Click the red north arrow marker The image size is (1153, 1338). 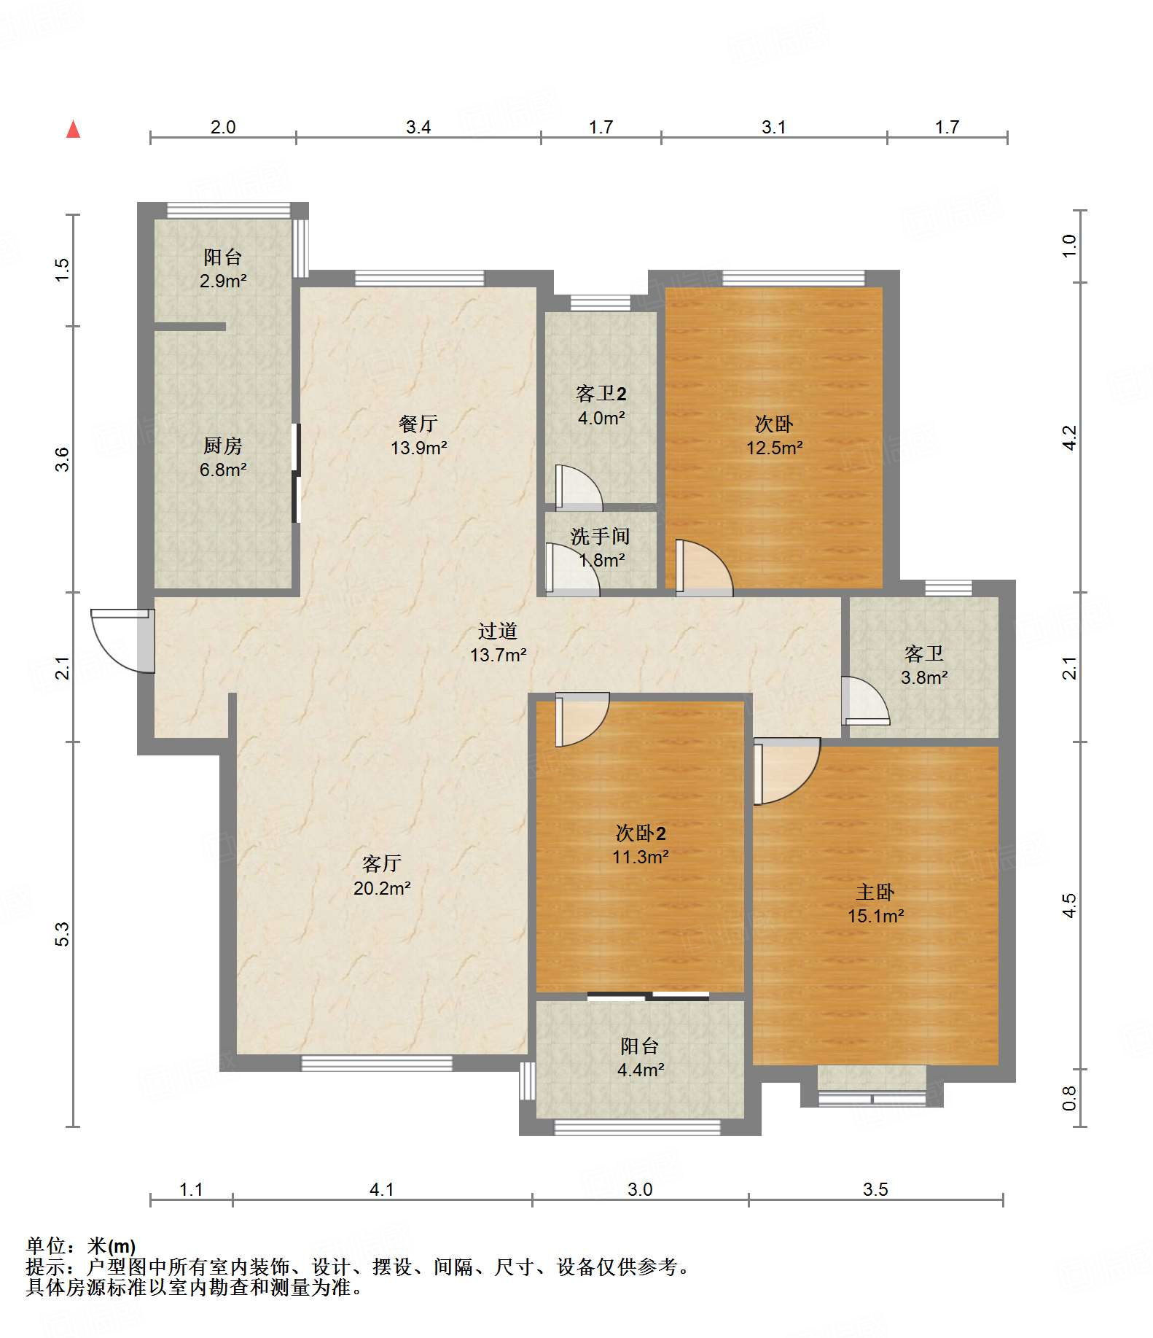coord(73,129)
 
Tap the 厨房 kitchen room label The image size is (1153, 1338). coord(223,445)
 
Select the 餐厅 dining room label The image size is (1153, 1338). coord(418,423)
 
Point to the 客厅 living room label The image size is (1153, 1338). coord(382,863)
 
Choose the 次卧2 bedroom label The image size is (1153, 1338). coord(641,833)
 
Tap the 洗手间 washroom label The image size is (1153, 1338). coord(600,536)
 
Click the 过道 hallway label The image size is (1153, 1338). coord(498,631)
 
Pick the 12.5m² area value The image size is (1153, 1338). coord(774,448)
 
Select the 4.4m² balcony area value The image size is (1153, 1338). coord(641,1070)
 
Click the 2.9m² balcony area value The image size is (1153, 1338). coord(223,281)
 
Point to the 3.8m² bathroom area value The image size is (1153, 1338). coord(924,677)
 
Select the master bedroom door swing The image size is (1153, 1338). coord(786,771)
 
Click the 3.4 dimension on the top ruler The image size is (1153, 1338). coord(418,127)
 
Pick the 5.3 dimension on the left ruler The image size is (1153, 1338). coord(63,934)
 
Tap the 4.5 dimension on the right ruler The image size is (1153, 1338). coord(1068,906)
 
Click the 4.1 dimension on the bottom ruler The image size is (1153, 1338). coord(382,1189)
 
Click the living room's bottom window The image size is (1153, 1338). coord(377,1064)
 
